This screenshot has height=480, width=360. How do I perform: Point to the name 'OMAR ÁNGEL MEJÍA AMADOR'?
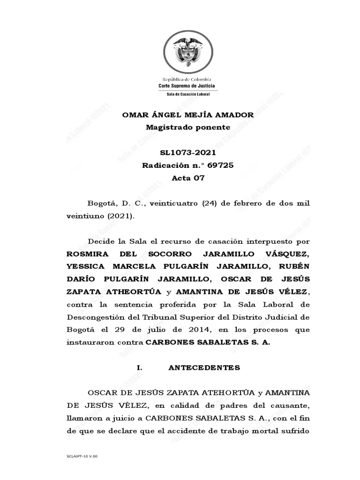tap(187, 115)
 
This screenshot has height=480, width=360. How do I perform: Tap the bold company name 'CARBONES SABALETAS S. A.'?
tap(208, 342)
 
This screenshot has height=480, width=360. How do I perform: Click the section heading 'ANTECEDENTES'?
tap(204, 368)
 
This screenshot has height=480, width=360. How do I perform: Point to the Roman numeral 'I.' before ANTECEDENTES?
tap(139, 368)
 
